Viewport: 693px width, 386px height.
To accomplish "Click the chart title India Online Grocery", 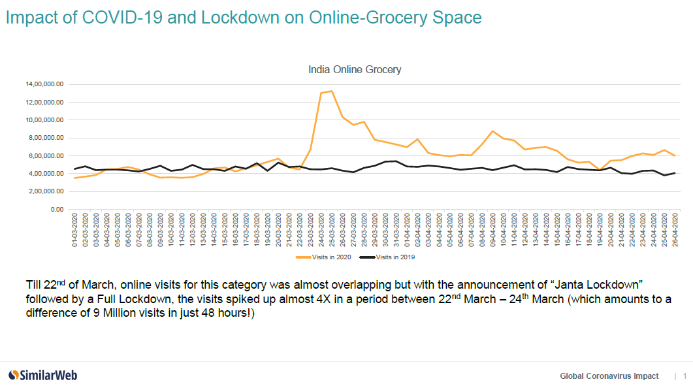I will (354, 69).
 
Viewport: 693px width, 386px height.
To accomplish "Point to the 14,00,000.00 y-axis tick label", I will (44, 84).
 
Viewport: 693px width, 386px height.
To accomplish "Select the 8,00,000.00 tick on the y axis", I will (45, 138).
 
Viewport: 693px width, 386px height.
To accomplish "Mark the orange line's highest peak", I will (332, 91).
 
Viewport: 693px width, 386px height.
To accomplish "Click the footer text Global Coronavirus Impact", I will (609, 376).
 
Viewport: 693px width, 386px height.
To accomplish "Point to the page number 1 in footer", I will (685, 376).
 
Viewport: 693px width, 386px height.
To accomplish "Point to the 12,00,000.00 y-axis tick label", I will (44, 103).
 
